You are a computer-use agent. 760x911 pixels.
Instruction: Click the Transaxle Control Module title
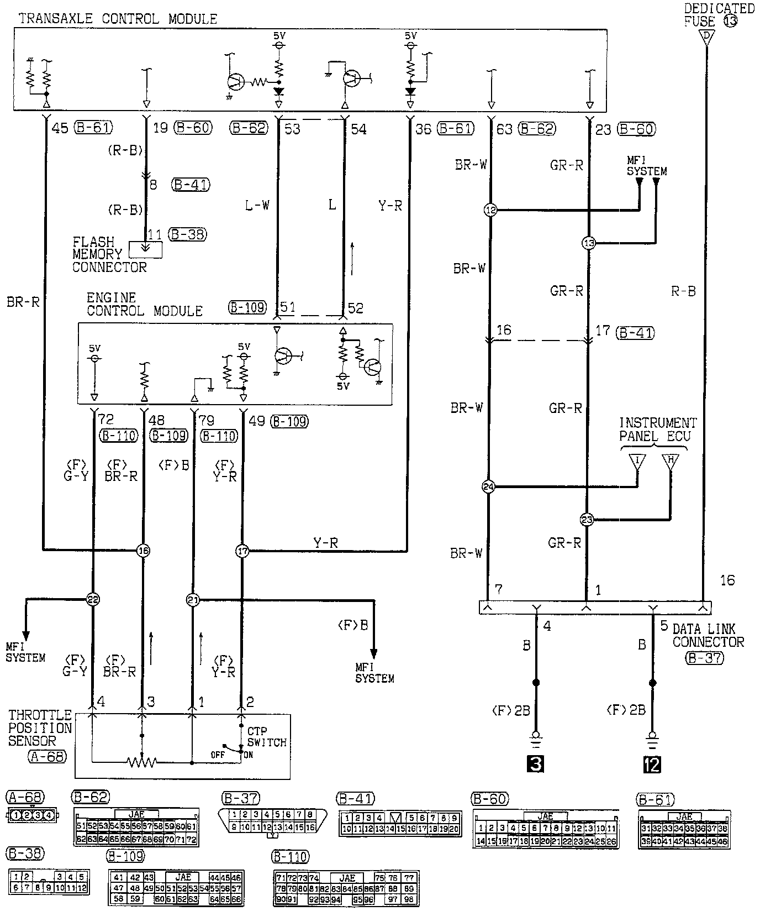point(118,19)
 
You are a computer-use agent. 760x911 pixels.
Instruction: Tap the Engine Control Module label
point(144,305)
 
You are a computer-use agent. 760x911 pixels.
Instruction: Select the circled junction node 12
point(490,210)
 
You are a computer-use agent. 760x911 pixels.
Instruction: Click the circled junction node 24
point(488,487)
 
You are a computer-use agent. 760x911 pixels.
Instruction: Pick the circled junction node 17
point(242,551)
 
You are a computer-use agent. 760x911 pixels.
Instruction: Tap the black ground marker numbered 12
point(652,764)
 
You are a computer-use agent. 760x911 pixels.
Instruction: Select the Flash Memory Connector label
point(109,255)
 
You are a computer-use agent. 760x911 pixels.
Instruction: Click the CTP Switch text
point(267,737)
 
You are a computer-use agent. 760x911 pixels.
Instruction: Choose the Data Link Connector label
point(708,636)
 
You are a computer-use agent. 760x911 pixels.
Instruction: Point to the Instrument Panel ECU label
point(657,430)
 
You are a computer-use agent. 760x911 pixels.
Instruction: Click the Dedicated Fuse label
point(718,15)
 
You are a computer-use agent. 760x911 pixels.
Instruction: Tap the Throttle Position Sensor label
point(40,729)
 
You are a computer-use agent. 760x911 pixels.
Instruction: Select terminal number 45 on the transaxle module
point(60,128)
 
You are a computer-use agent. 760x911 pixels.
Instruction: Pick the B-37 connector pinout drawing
point(273,821)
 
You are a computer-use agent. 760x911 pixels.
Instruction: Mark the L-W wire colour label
point(257,206)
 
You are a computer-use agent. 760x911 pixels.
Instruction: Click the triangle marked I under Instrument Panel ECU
point(637,462)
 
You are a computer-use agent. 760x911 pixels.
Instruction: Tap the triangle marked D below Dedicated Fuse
point(705,37)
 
